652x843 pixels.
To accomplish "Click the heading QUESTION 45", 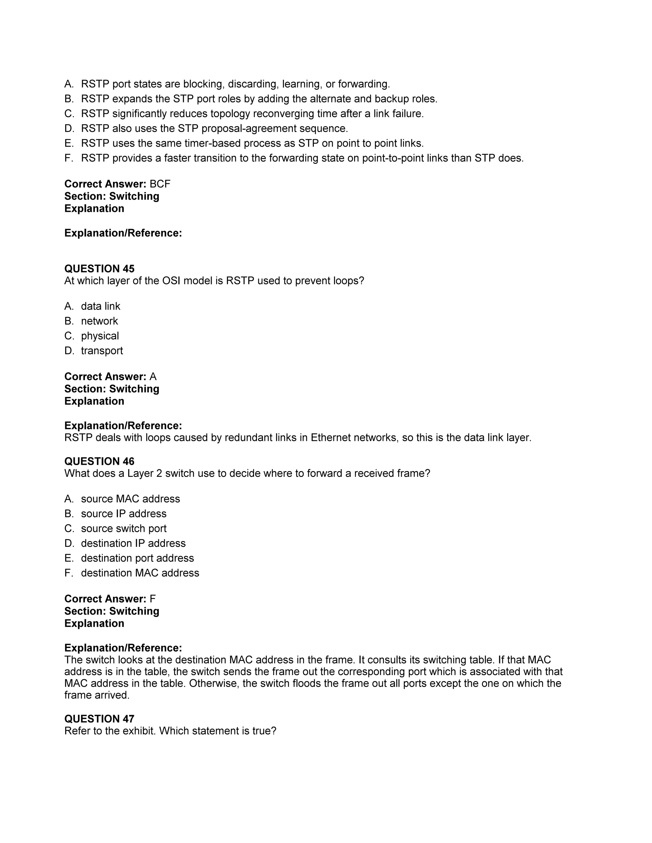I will click(x=99, y=269).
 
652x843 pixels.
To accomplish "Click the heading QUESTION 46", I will click(x=99, y=461).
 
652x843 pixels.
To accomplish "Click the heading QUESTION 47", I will click(x=99, y=719).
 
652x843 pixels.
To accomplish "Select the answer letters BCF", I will click(x=160, y=184).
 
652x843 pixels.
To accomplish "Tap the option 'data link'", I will click(x=100, y=306).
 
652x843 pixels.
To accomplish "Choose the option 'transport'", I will click(x=102, y=351).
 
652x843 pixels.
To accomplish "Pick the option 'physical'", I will click(x=100, y=336).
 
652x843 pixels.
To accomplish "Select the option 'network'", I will click(x=99, y=321).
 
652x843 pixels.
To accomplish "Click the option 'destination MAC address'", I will click(x=140, y=573).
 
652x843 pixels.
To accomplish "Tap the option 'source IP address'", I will click(x=124, y=514).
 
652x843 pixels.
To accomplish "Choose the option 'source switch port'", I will click(x=124, y=528).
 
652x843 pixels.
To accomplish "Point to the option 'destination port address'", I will click(x=137, y=558).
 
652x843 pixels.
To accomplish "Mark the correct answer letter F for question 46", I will click(x=152, y=599).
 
